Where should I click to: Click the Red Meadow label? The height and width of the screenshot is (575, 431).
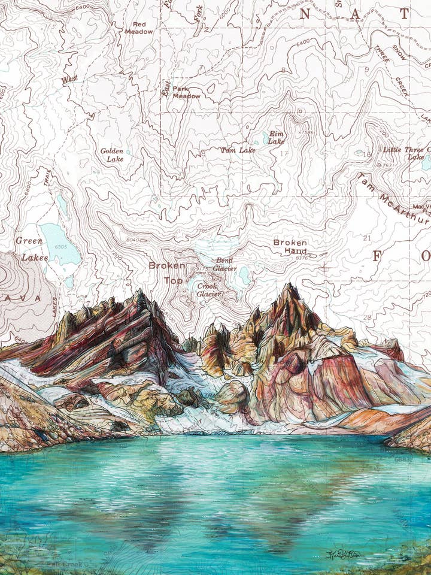point(138,28)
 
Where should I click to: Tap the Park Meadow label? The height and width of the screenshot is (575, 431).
point(186,92)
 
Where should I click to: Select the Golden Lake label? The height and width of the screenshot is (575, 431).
point(112,155)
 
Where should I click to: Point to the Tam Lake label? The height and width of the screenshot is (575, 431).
point(238,150)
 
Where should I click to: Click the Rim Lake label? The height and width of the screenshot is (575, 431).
point(276,138)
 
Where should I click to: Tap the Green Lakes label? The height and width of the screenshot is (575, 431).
point(30,249)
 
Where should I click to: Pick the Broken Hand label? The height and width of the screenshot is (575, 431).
point(290,247)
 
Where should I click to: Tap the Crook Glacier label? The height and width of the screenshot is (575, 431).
point(208,290)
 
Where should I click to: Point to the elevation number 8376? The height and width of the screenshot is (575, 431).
point(301,258)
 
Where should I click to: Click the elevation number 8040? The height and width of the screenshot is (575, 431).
point(132,240)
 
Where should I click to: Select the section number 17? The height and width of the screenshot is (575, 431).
point(283,153)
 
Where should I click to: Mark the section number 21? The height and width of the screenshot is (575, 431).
point(368,238)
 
